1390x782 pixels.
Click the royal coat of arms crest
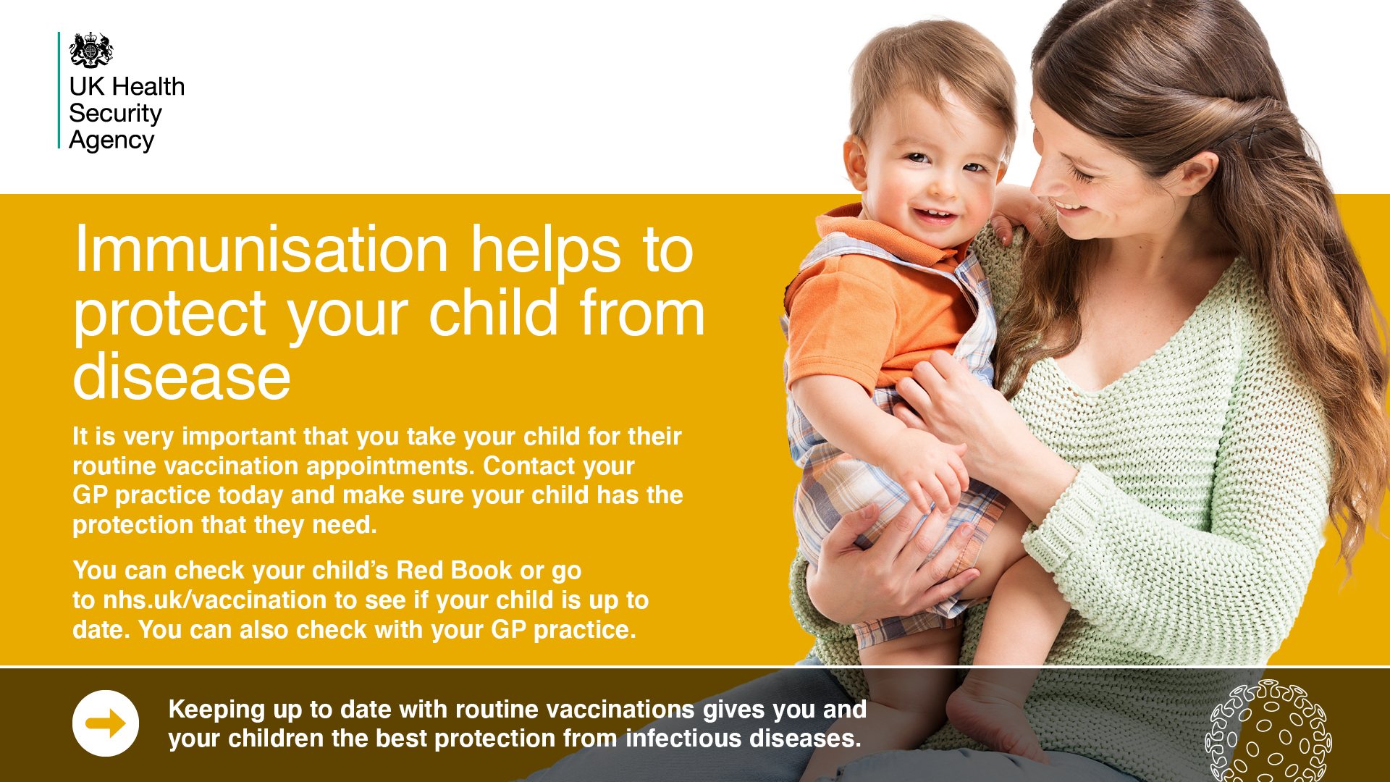pyautogui.click(x=91, y=49)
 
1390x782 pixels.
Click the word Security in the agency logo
pyautogui.click(x=115, y=114)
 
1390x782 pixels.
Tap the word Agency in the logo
pyautogui.click(x=111, y=140)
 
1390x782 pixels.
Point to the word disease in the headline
pyautogui.click(x=182, y=377)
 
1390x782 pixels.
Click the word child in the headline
pyautogui.click(x=494, y=313)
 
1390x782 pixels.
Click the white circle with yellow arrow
pyautogui.click(x=106, y=723)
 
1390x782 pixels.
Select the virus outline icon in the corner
pyautogui.click(x=1268, y=731)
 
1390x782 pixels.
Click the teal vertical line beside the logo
pyautogui.click(x=59, y=91)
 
